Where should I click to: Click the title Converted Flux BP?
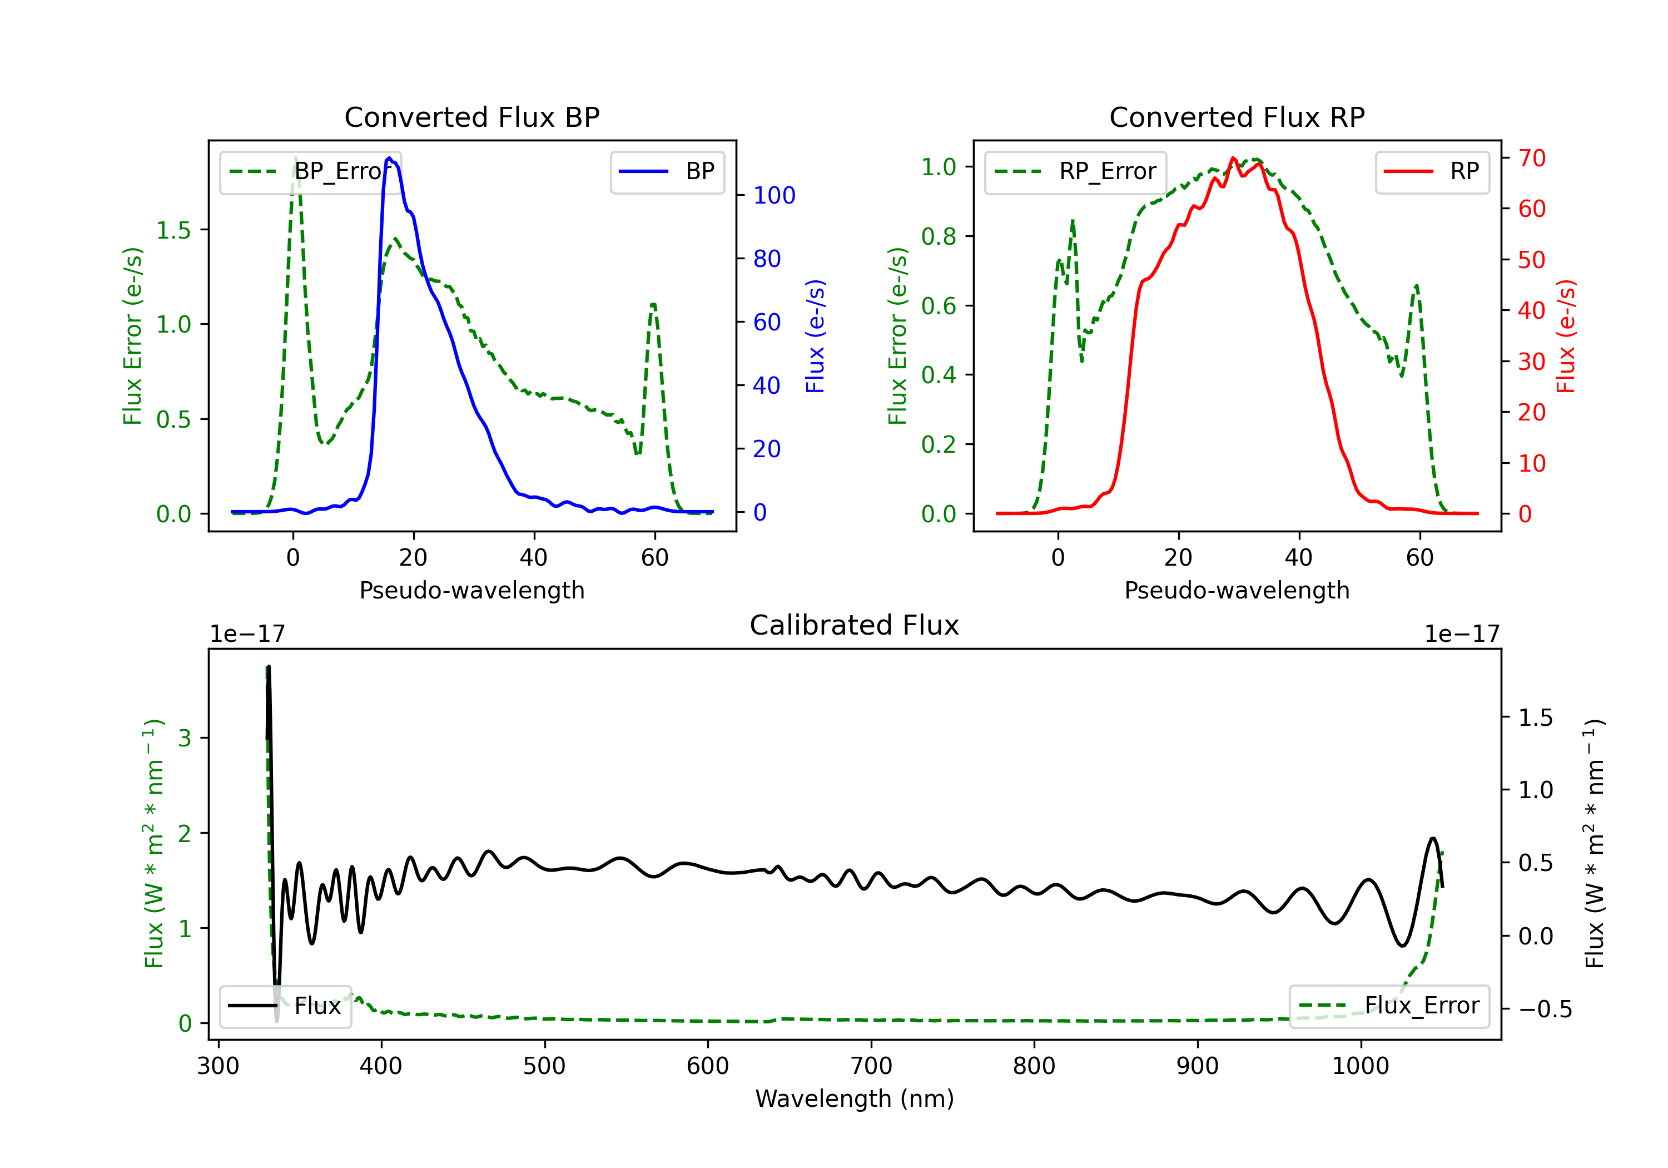pyautogui.click(x=471, y=117)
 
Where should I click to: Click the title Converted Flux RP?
pyautogui.click(x=1237, y=117)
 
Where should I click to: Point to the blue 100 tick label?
pyautogui.click(x=774, y=196)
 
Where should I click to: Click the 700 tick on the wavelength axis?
pyautogui.click(x=871, y=1066)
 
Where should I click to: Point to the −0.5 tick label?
pyautogui.click(x=1545, y=1009)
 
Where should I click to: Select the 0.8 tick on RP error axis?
pyautogui.click(x=939, y=236)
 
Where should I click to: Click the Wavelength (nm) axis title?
pyautogui.click(x=855, y=1098)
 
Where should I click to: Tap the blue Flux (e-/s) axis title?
pyautogui.click(x=815, y=336)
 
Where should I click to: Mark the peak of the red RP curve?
pyautogui.click(x=1234, y=158)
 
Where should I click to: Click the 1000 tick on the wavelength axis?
pyautogui.click(x=1360, y=1066)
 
